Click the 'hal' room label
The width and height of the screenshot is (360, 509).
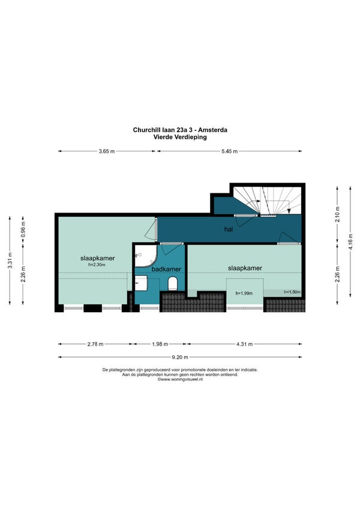click(x=229, y=229)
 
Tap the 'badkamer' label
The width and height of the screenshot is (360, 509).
click(x=166, y=269)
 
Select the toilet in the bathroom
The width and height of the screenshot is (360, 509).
click(x=172, y=284)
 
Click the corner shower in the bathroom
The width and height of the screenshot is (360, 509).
click(x=146, y=255)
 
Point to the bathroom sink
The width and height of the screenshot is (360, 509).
click(x=141, y=283)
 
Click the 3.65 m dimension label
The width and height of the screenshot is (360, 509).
click(x=107, y=151)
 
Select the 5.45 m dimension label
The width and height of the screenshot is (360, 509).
click(x=230, y=151)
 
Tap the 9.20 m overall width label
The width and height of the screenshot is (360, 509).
click(x=180, y=357)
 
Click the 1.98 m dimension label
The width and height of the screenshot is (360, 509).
click(x=160, y=344)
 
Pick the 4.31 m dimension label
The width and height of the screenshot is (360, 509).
click(x=244, y=344)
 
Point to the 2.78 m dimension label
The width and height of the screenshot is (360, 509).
click(x=95, y=344)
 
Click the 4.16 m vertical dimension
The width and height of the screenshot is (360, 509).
click(x=350, y=241)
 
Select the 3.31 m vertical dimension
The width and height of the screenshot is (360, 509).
click(x=10, y=261)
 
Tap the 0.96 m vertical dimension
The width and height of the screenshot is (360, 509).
click(x=23, y=229)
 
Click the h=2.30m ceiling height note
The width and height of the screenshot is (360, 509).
click(x=97, y=265)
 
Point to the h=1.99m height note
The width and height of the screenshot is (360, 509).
click(x=244, y=294)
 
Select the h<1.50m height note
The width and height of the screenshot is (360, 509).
click(x=292, y=292)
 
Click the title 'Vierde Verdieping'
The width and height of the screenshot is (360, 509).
click(x=180, y=137)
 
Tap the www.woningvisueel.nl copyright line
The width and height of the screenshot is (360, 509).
click(x=180, y=379)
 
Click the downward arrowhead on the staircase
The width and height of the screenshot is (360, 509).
click(x=289, y=211)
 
